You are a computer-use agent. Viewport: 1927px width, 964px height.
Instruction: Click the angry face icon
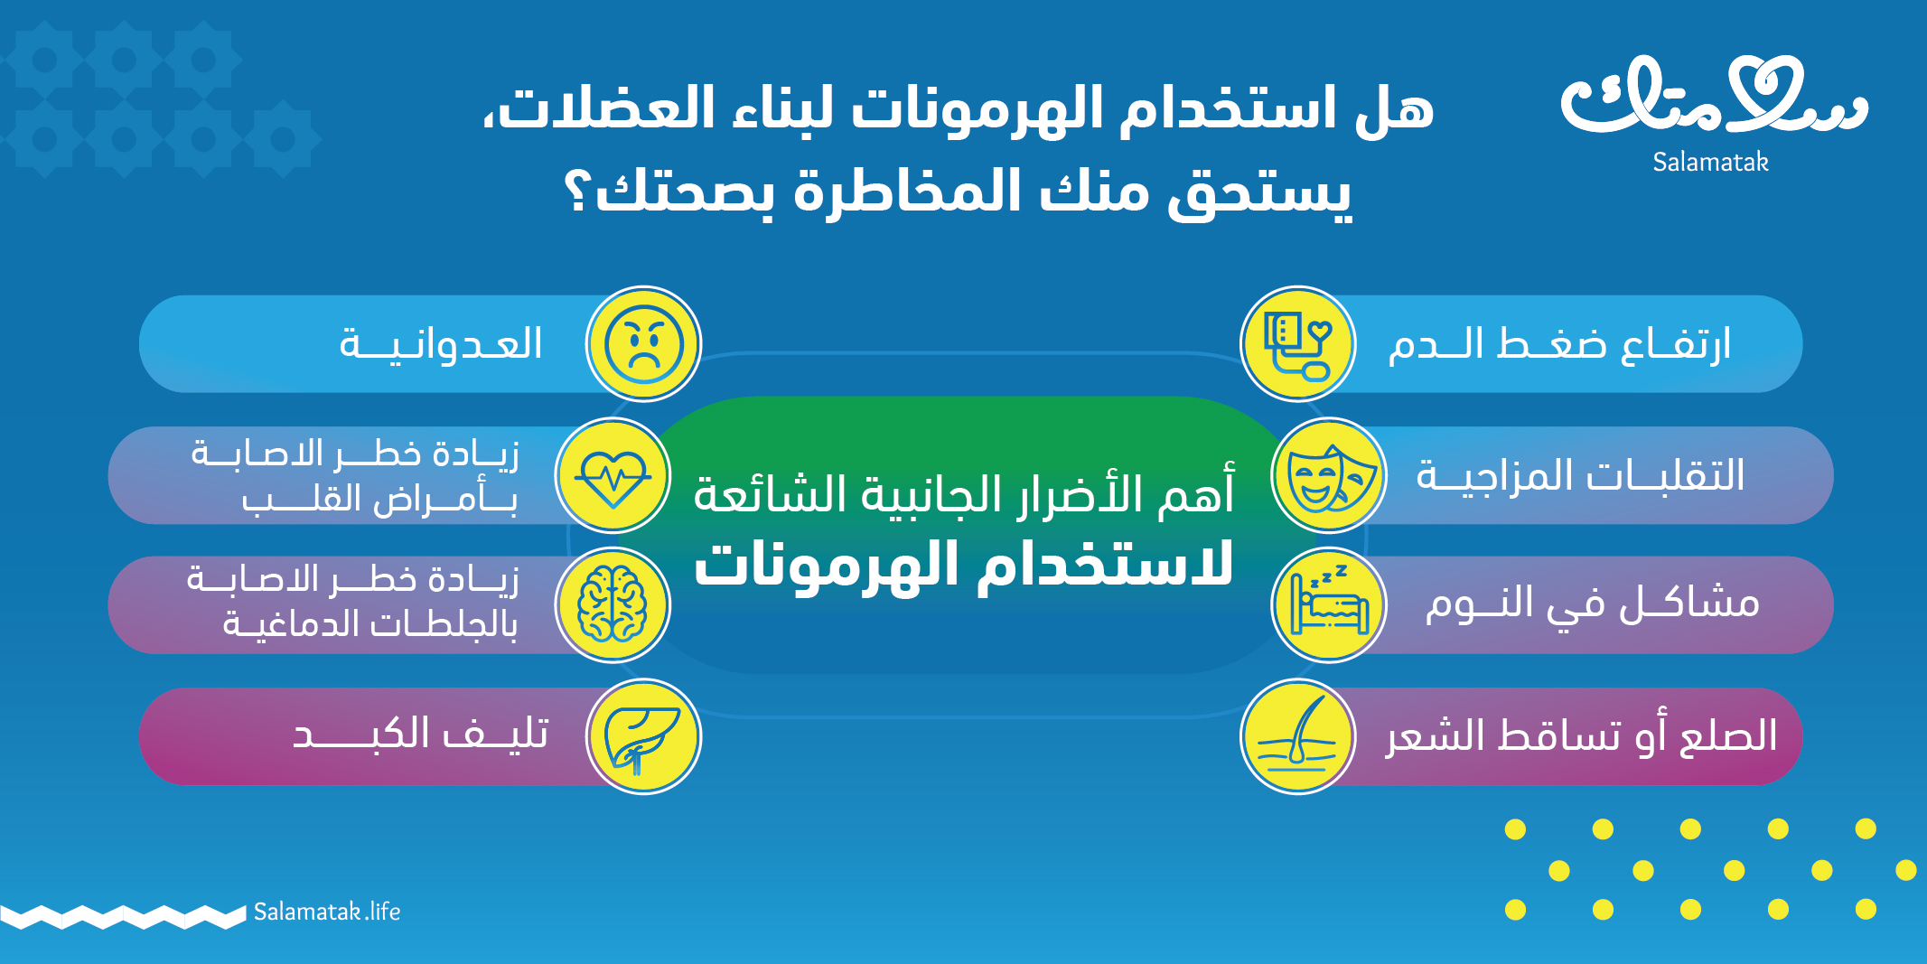click(643, 344)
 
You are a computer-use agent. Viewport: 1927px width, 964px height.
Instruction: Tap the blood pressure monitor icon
click(1298, 344)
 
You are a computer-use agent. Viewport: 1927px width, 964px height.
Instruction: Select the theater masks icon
click(1330, 476)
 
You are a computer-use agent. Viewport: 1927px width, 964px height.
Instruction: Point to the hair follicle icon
click(1297, 735)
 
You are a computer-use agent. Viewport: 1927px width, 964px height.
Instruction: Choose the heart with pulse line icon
click(613, 476)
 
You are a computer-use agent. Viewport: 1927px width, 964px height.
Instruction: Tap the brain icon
click(613, 605)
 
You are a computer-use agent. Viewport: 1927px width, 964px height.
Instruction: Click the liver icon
click(641, 737)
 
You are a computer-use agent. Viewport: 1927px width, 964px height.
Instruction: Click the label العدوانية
click(441, 344)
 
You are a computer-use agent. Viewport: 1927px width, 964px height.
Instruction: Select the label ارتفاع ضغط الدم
click(1559, 344)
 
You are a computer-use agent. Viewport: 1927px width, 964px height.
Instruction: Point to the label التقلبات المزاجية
click(1580, 475)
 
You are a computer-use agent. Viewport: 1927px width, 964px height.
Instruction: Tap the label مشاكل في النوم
click(1592, 604)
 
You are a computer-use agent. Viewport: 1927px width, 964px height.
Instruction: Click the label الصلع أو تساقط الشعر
click(1581, 735)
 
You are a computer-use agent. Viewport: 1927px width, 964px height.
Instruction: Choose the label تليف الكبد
click(420, 734)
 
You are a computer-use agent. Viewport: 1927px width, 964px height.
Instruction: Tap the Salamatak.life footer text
click(327, 912)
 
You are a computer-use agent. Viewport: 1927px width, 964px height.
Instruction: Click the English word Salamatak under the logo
click(1710, 162)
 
